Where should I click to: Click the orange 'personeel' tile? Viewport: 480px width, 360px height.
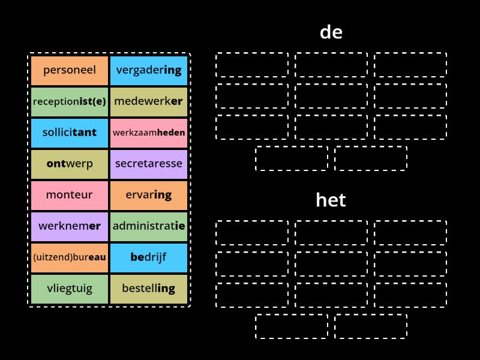(x=70, y=70)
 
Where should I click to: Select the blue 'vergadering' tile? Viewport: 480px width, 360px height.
(x=149, y=70)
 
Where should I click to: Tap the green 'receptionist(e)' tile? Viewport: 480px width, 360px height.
(x=70, y=101)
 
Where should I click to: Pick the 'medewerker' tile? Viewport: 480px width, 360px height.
(x=149, y=101)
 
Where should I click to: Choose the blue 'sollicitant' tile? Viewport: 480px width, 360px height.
(x=70, y=133)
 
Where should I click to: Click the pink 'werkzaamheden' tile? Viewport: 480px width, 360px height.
(x=149, y=133)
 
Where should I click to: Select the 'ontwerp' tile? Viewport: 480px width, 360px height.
(x=70, y=164)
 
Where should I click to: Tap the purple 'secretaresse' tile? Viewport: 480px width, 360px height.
(x=149, y=164)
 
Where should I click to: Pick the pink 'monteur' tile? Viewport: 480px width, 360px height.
(x=70, y=195)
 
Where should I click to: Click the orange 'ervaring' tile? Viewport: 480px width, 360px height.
(x=149, y=195)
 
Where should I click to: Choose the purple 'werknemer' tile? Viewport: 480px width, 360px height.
(x=70, y=226)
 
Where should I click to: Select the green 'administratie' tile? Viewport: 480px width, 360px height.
(x=149, y=226)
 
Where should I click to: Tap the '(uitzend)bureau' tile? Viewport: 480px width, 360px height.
(x=70, y=257)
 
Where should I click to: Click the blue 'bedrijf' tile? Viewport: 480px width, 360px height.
(x=149, y=257)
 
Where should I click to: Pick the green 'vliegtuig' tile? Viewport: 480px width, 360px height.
(x=70, y=289)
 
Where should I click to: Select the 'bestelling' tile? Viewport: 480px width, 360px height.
(x=149, y=289)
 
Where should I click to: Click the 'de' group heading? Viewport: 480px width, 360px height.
(x=331, y=32)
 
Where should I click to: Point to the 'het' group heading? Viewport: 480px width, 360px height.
(x=331, y=200)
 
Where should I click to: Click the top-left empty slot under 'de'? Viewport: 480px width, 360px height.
(x=252, y=65)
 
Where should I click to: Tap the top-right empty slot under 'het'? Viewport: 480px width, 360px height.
(x=410, y=233)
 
